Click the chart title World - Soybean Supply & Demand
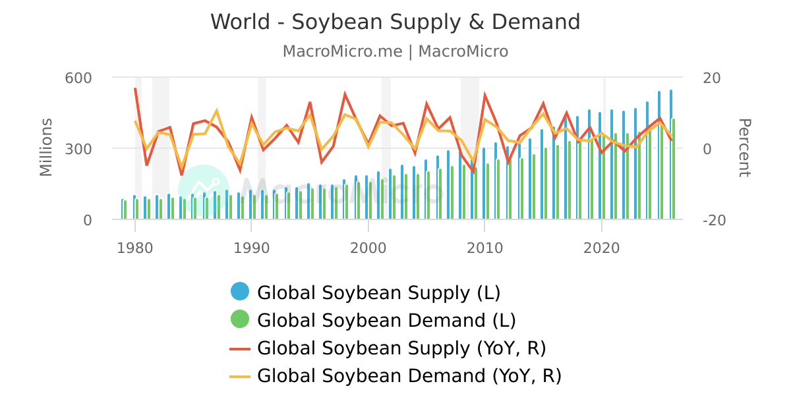(x=395, y=22)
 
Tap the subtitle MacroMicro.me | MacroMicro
(x=395, y=51)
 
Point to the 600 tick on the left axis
(x=78, y=78)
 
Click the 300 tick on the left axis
(x=78, y=149)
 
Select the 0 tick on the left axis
(x=87, y=220)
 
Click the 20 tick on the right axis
(x=712, y=78)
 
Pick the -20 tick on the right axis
(x=714, y=220)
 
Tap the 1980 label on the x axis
(x=135, y=248)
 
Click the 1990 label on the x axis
(x=252, y=248)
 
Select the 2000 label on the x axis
(x=368, y=248)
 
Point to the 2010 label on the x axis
(x=484, y=248)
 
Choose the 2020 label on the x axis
(x=601, y=248)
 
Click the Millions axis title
(x=45, y=148)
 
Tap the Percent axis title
(x=744, y=148)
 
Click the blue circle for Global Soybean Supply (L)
(x=240, y=292)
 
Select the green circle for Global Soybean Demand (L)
(x=240, y=319)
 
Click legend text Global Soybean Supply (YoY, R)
(x=401, y=348)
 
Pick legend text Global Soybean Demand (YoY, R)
(x=409, y=376)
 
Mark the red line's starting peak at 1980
(x=135, y=88)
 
